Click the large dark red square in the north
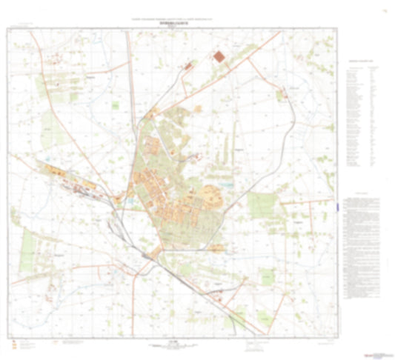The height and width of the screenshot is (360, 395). tap(219, 56)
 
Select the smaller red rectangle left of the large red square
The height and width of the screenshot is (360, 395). tap(188, 67)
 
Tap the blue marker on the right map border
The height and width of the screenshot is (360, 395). tap(337, 208)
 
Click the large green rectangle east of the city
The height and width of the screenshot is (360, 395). tap(261, 205)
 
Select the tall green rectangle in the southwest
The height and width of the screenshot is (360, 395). tap(30, 244)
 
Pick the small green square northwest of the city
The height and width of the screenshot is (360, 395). tap(115, 106)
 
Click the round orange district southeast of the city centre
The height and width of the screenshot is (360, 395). tap(208, 196)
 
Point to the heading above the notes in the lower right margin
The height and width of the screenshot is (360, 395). tap(361, 193)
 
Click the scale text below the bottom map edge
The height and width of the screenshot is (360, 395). tap(175, 336)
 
